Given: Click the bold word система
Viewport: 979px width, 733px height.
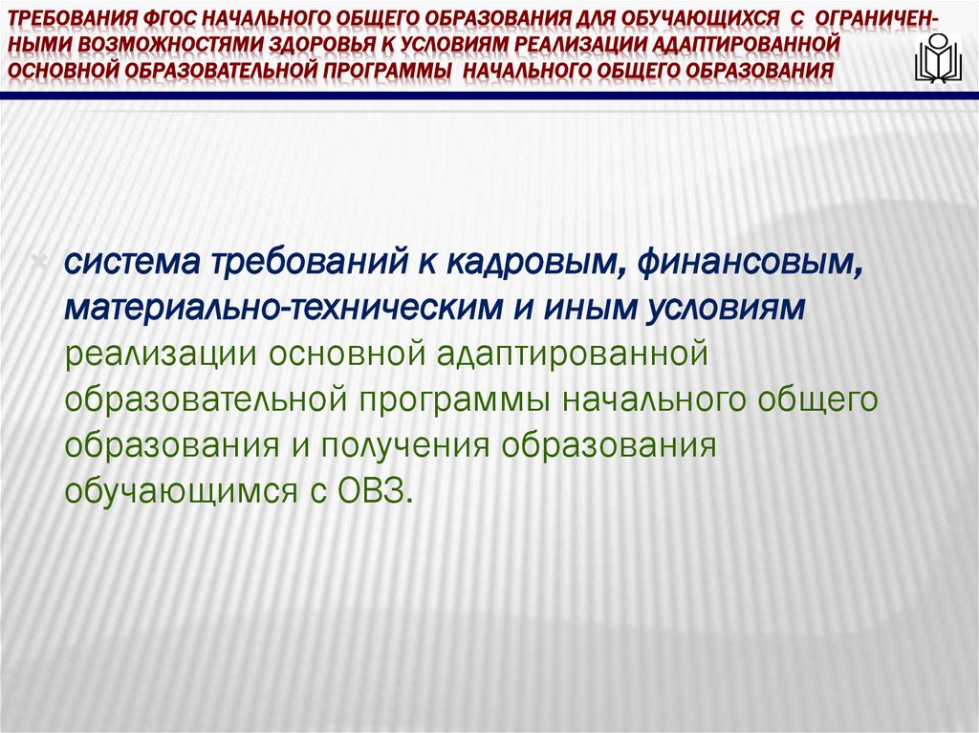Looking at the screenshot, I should (129, 263).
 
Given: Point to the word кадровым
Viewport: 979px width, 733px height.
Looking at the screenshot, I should (539, 263).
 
